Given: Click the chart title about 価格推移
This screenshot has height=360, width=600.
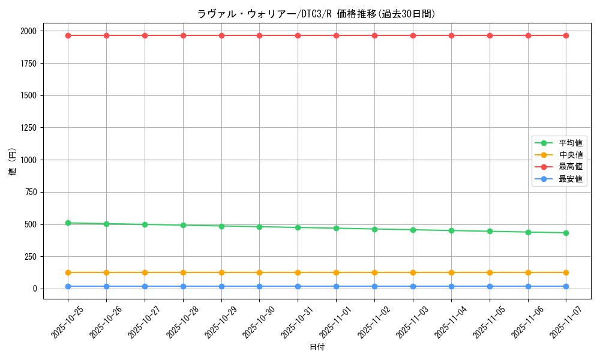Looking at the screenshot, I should click(x=316, y=14).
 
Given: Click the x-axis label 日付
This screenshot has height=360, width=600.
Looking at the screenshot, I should click(x=316, y=347).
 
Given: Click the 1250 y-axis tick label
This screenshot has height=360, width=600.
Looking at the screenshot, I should click(x=27, y=128).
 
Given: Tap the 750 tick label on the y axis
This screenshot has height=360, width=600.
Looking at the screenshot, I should click(x=29, y=192).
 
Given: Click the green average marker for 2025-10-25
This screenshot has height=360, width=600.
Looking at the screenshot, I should click(x=68, y=223).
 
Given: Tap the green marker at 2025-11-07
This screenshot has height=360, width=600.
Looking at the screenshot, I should click(x=566, y=233).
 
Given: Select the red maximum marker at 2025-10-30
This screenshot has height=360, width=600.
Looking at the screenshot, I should click(x=259, y=35).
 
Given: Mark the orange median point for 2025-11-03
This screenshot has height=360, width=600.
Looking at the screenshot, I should click(x=413, y=272).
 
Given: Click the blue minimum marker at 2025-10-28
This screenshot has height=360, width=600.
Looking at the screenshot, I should click(x=183, y=286).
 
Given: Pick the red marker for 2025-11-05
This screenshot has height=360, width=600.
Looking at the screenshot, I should click(x=490, y=35).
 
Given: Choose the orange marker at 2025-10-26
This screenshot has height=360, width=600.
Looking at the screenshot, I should click(x=106, y=272).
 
